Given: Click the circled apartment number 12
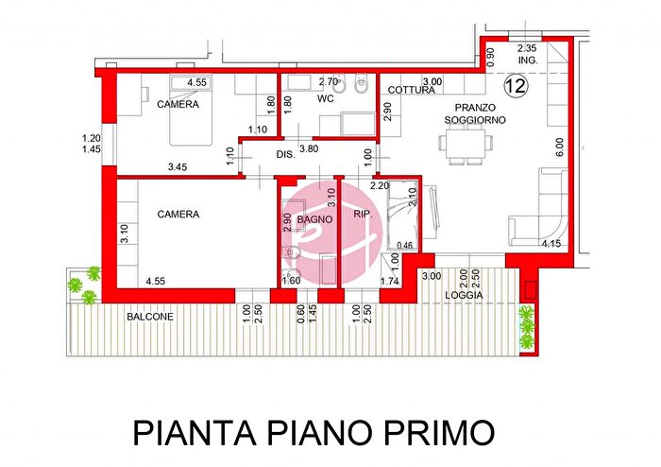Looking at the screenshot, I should click(516, 86).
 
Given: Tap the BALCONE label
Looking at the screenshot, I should click(150, 317).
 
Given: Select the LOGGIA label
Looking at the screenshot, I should click(466, 296).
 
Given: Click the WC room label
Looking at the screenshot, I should click(326, 98).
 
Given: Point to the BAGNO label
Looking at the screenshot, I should click(313, 219).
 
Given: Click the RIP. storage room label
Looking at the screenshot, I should click(363, 215).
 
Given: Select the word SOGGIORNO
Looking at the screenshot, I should click(476, 121).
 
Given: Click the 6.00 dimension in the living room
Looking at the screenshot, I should click(559, 147).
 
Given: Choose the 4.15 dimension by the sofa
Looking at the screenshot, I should click(551, 244).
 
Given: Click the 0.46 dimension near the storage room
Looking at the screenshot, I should click(406, 246).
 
